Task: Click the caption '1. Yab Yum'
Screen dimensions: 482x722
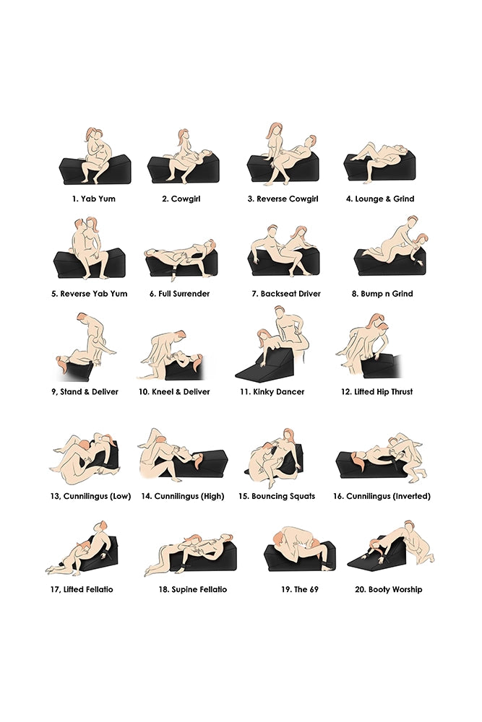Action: [x=93, y=199]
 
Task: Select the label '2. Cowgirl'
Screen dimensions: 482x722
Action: [x=181, y=199]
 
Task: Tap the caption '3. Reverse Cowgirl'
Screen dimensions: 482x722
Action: [x=283, y=199]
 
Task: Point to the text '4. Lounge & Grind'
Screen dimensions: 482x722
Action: [x=380, y=199]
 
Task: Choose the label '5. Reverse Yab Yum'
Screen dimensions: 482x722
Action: [x=90, y=294]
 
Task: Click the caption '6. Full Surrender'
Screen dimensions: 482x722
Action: [x=180, y=294]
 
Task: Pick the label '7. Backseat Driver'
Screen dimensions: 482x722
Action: [x=286, y=294]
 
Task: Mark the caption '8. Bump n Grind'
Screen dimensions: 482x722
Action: [x=382, y=294]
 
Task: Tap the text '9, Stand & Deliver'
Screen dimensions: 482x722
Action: [x=85, y=392]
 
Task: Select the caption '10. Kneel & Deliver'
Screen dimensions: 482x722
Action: [x=174, y=392]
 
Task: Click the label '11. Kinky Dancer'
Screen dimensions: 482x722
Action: [x=272, y=392]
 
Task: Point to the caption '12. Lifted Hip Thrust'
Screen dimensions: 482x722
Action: [x=377, y=392]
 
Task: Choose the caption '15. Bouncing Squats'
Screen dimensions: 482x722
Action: [x=277, y=497]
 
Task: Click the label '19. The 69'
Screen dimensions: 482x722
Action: [x=300, y=589]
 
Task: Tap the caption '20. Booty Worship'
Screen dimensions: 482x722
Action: [x=389, y=589]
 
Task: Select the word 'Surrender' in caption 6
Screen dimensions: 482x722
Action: [x=191, y=294]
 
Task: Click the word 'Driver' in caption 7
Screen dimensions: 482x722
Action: [x=309, y=294]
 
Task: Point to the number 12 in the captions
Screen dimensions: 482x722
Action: [x=345, y=392]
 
